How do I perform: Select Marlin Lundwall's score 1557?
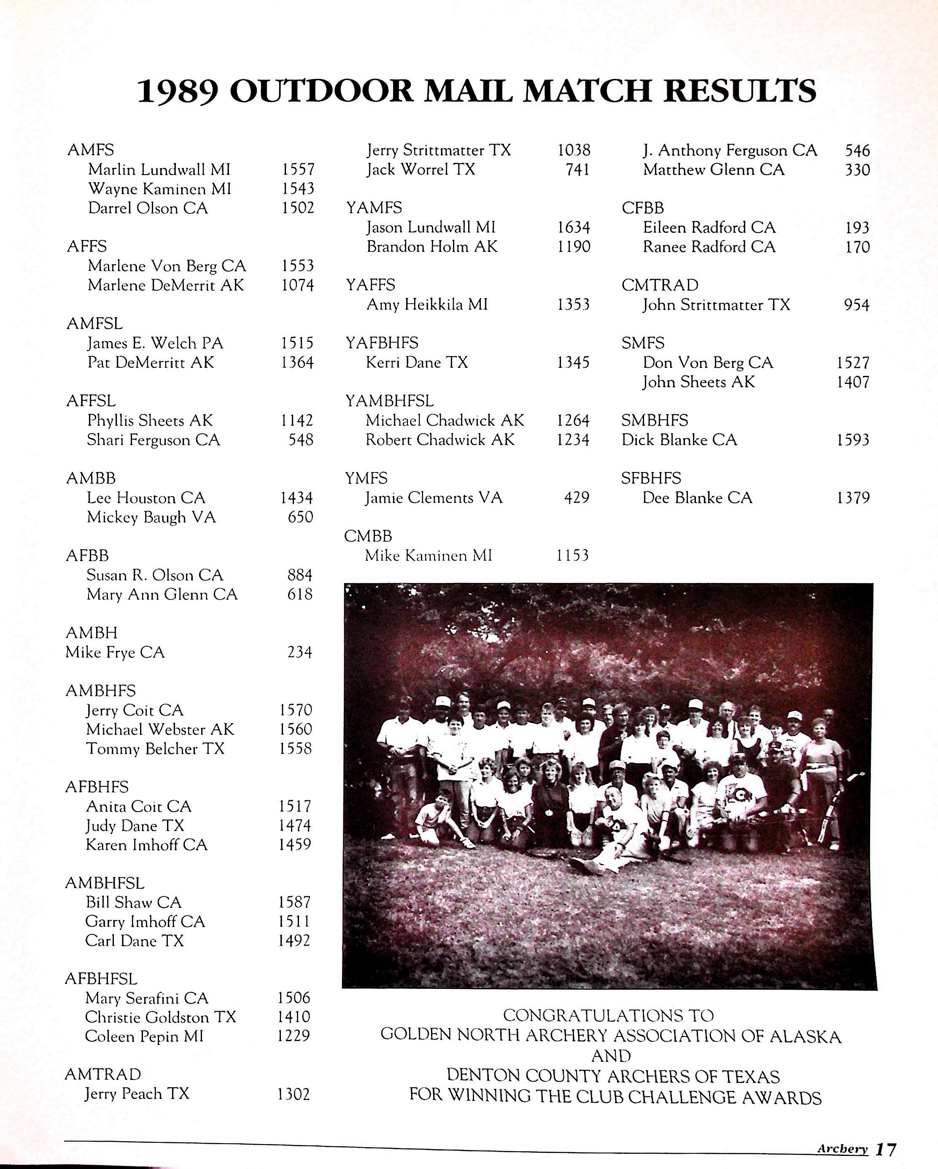click(298, 170)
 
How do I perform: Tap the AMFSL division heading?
click(94, 324)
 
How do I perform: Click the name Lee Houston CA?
click(146, 498)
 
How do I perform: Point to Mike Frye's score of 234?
click(300, 652)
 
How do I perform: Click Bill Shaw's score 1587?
click(294, 902)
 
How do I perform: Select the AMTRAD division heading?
click(102, 1074)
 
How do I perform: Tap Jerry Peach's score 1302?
click(293, 1094)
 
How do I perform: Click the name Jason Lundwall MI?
click(431, 227)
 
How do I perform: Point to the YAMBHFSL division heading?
click(390, 401)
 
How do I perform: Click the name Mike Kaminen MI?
click(429, 555)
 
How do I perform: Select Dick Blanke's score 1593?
click(853, 440)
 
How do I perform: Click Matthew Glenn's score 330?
click(857, 170)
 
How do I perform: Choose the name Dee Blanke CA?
click(697, 498)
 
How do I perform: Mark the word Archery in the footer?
click(842, 1149)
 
